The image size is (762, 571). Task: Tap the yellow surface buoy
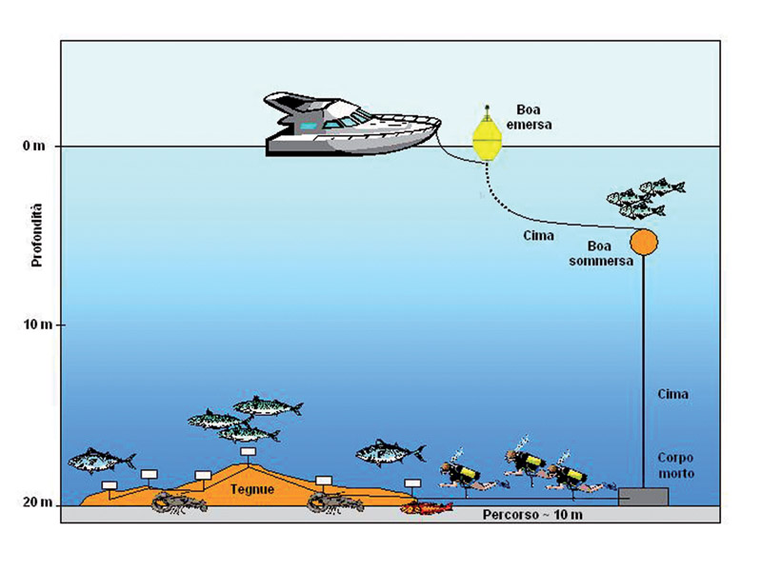[x=487, y=139]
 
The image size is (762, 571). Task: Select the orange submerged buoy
[x=644, y=242]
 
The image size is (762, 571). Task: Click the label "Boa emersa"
[x=534, y=116]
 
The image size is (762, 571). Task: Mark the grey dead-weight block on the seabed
[x=643, y=496]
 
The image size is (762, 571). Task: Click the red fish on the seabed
[x=425, y=507]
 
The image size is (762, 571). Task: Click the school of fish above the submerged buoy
[x=644, y=197]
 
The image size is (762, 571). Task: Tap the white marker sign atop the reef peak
[x=248, y=452]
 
